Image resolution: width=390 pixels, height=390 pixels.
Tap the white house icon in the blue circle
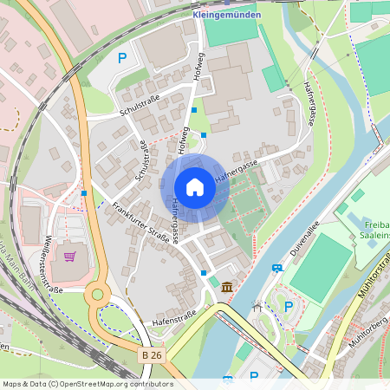click(195, 187)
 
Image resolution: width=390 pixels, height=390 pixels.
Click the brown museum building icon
click(227, 287)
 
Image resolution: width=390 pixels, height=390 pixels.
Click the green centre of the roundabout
click(98, 295)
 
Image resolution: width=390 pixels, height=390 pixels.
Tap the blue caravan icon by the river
click(276, 268)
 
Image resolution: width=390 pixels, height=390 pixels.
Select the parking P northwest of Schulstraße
click(122, 58)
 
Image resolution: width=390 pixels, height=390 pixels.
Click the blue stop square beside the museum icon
click(204, 273)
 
